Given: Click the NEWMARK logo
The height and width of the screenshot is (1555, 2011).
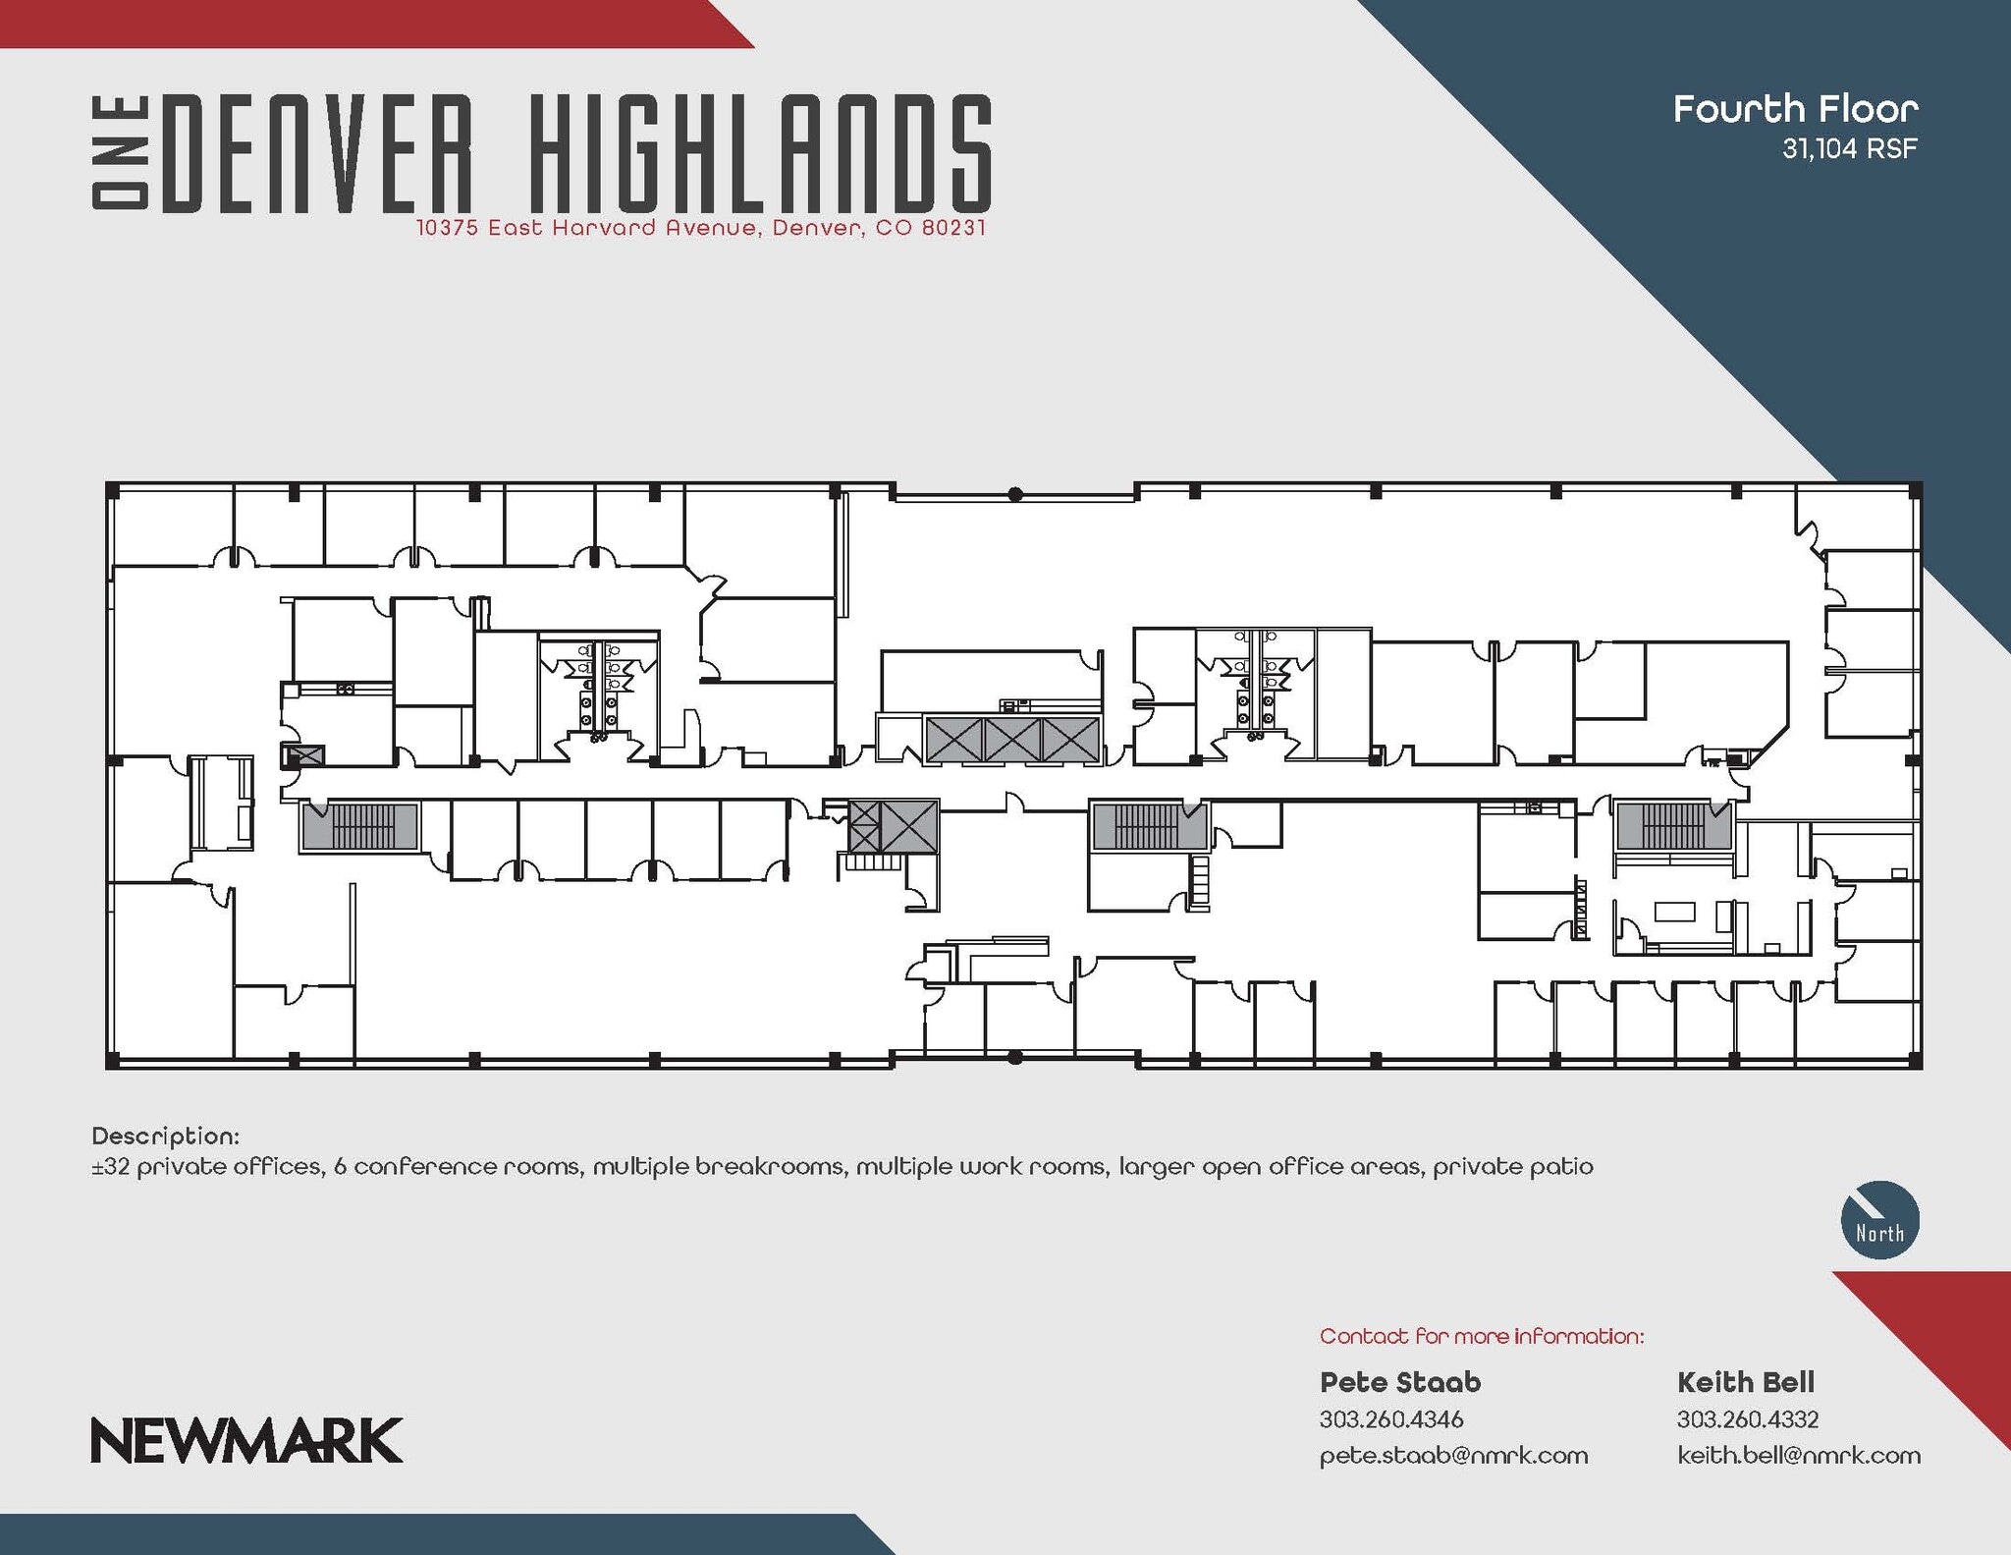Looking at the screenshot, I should click(246, 1440).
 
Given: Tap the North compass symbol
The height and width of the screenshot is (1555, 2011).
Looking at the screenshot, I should click(1879, 1219).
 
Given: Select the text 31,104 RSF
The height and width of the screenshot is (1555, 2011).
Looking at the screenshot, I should click(1850, 149).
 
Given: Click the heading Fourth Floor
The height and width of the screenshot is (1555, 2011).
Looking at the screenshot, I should click(1795, 109).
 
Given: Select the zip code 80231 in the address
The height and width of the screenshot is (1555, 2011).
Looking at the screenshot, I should click(953, 229).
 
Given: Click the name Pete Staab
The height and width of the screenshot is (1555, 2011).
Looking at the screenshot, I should click(1399, 1382).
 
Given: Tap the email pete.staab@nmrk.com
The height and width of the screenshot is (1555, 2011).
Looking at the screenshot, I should click(1453, 1455).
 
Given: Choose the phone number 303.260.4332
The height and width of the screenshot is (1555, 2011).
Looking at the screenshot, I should click(1748, 1419).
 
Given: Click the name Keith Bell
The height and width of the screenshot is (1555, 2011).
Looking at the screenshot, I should click(1745, 1382).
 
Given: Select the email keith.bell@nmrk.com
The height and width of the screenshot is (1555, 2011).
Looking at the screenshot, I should click(1798, 1455).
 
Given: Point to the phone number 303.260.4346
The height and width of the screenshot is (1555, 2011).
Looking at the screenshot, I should click(1391, 1419).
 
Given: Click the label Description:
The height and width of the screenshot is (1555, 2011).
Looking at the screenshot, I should click(165, 1137).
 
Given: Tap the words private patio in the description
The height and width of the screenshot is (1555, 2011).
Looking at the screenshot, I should click(1512, 1167).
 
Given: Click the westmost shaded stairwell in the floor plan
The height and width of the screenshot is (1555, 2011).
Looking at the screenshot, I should click(360, 825).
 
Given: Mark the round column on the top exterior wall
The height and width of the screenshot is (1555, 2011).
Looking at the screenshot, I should click(1015, 494).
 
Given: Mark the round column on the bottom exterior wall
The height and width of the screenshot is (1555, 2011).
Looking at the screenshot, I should click(1015, 1058).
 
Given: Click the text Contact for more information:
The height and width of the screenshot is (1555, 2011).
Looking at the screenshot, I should click(1481, 1336).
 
